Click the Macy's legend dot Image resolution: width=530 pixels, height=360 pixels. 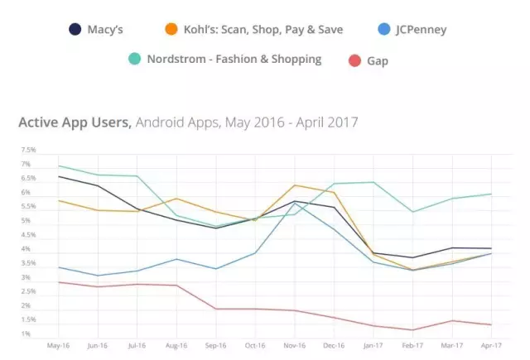75,30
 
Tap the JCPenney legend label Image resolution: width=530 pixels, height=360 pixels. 417,30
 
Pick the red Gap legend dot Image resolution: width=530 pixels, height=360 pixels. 354,60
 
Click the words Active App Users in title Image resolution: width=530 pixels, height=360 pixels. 73,122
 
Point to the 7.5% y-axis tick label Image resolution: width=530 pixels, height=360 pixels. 28,151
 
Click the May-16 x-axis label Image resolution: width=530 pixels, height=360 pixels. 58,344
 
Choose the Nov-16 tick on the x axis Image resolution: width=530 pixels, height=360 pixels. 294,344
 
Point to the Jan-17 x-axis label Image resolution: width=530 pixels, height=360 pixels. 373,344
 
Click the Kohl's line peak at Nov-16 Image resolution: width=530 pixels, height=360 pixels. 295,185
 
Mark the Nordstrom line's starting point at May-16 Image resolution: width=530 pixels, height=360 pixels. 58,166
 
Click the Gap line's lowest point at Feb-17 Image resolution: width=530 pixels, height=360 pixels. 412,329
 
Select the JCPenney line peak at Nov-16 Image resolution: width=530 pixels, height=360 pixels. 295,204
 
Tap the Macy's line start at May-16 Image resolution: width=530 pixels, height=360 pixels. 58,176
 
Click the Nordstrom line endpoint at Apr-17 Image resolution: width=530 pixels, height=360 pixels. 491,194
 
